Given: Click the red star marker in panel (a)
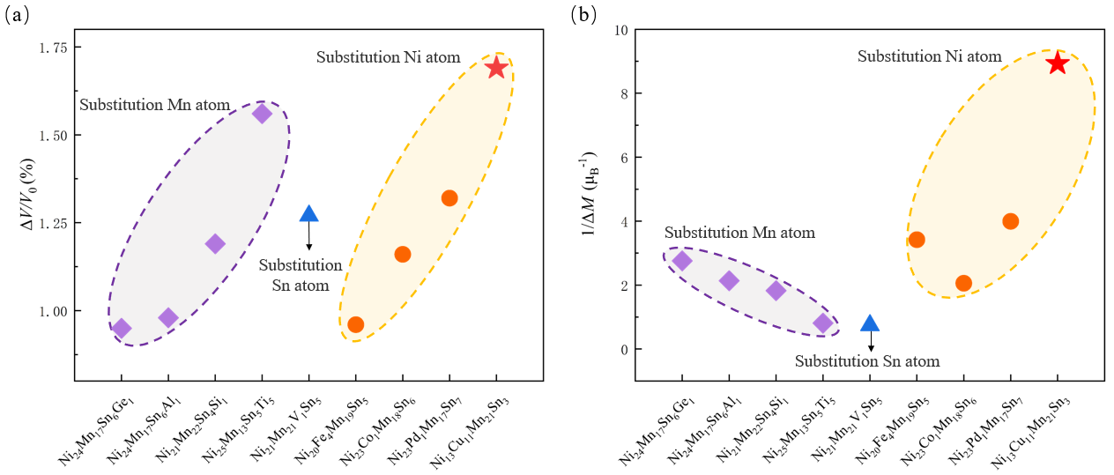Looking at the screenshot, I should (x=496, y=67).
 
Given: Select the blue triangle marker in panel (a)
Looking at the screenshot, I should (x=308, y=213).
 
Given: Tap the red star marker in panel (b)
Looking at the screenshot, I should (x=1057, y=63).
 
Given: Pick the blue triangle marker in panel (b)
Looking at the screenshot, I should (x=870, y=323).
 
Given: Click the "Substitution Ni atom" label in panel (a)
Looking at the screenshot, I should (x=389, y=57).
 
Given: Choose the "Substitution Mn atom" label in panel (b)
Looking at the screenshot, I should (x=739, y=233).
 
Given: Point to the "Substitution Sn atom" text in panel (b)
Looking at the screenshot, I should (x=867, y=361).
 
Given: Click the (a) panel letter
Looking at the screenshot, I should (x=17, y=16).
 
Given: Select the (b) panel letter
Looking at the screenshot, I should (x=583, y=14).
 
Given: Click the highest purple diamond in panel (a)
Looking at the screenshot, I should (x=262, y=114).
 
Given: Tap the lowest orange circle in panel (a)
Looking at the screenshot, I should (x=355, y=324).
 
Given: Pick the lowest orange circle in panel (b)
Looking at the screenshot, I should (x=963, y=283).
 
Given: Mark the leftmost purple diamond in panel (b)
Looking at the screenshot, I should (x=682, y=261).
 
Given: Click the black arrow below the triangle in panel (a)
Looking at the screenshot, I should (x=308, y=236).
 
